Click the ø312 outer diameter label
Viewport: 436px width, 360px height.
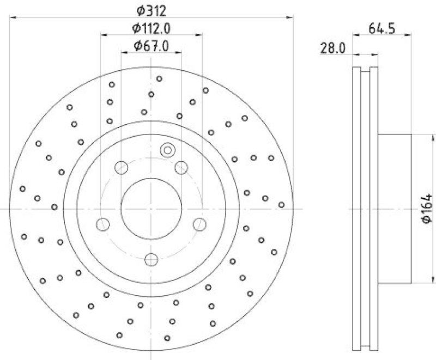151,9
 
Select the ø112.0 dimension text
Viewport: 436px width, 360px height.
151,28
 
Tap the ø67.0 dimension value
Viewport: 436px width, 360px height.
151,46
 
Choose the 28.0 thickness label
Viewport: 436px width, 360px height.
334,48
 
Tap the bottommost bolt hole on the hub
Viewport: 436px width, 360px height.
152,258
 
